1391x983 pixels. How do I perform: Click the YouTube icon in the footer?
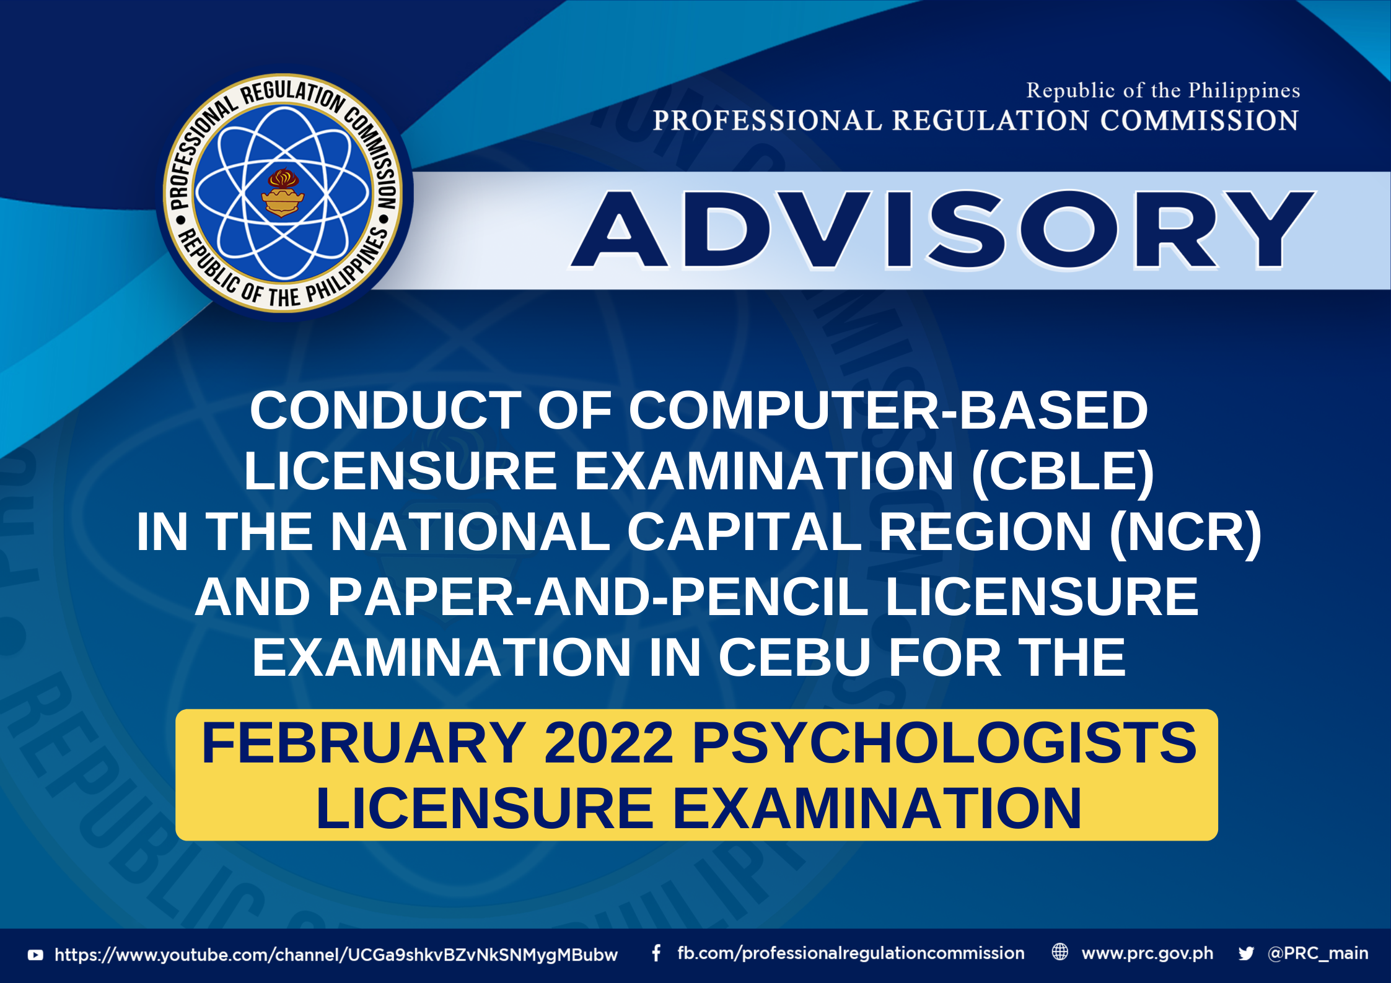tap(36, 955)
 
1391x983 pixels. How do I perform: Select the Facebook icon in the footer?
tap(656, 953)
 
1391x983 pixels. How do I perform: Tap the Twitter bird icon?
tap(1246, 953)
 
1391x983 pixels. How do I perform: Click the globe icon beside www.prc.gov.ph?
tap(1060, 952)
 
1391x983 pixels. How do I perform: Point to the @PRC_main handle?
tap(1318, 953)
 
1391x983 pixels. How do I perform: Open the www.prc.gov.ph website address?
tap(1147, 954)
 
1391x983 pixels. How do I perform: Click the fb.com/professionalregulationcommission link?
tap(851, 953)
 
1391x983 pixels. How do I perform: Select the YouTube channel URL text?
tap(336, 955)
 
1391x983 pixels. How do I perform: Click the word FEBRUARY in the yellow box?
tap(364, 743)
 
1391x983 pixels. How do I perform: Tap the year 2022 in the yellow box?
tap(608, 743)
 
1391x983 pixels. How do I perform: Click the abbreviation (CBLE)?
tap(1063, 471)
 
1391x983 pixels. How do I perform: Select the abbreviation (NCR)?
tap(1185, 531)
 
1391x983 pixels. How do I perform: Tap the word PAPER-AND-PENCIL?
tap(532, 596)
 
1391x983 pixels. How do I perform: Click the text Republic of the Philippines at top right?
tap(1163, 90)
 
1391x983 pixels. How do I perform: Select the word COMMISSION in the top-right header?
tap(1200, 120)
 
